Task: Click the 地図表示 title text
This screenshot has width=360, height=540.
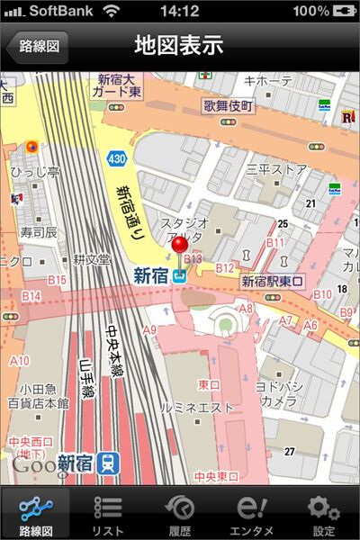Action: pos(179,45)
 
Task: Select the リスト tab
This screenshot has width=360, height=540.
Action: pos(108,514)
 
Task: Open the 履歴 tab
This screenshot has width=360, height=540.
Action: pos(180,514)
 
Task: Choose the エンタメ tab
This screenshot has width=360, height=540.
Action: pos(252,514)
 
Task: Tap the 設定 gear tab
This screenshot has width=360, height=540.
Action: pos(323,514)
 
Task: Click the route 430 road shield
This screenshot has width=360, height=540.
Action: pos(117,157)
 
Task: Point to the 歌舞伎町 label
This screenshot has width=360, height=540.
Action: pos(229,105)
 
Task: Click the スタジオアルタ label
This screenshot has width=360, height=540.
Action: pos(184,229)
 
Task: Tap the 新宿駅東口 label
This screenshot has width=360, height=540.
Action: pos(274,282)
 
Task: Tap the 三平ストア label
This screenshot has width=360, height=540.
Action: pos(276,168)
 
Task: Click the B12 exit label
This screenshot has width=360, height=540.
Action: pos(224,267)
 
